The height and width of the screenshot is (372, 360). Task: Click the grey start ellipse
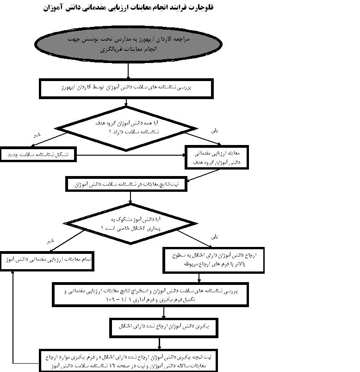tap(128, 44)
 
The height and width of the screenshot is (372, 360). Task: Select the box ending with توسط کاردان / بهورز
tap(126, 88)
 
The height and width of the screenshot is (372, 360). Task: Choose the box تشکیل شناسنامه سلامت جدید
tap(37, 155)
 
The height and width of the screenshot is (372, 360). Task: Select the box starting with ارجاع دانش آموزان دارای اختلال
tap(214, 261)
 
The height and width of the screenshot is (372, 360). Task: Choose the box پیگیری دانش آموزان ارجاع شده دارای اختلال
tap(159, 327)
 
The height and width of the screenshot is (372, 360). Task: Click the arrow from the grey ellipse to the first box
tap(128, 70)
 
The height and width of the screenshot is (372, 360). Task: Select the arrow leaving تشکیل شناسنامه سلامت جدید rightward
tap(130, 155)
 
